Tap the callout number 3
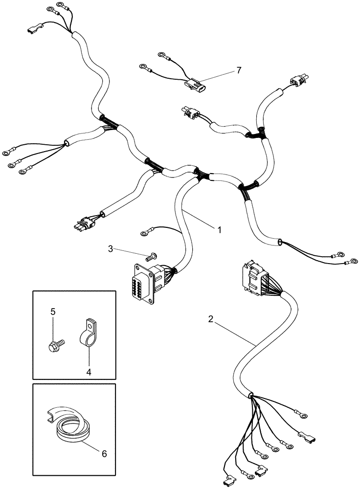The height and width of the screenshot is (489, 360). pyautogui.click(x=112, y=249)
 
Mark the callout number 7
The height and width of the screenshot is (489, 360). pyautogui.click(x=238, y=70)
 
